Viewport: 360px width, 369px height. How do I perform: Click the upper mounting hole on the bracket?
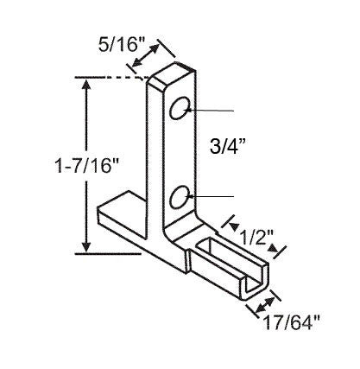[180, 110]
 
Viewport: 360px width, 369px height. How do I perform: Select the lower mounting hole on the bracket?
[180, 199]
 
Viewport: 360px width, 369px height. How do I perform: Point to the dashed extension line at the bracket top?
[134, 78]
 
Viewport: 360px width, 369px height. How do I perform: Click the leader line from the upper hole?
[212, 111]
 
